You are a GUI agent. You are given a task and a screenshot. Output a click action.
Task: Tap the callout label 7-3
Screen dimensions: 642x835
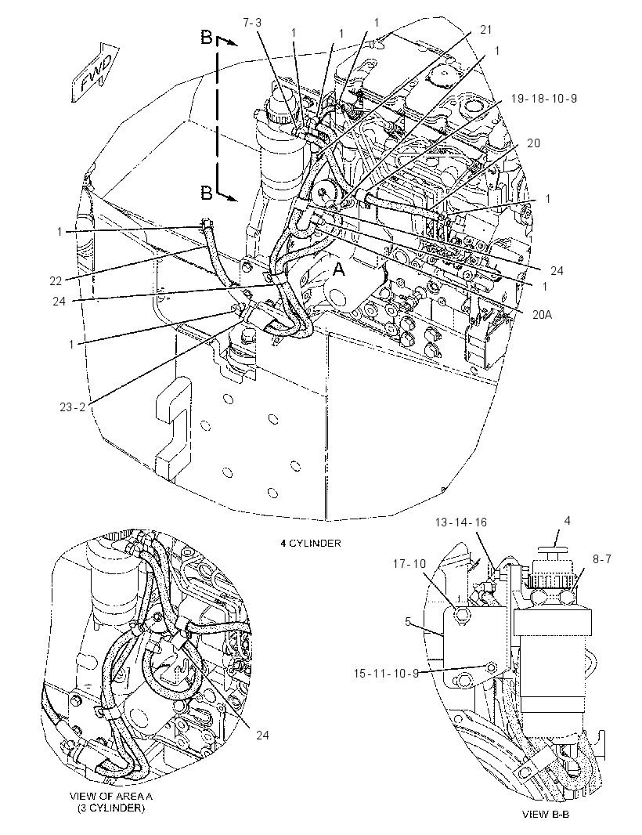pyautogui.click(x=252, y=23)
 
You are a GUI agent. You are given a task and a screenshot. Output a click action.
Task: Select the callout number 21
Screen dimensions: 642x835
pyautogui.click(x=485, y=30)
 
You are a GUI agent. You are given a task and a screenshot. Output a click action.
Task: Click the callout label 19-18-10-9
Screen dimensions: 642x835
pyautogui.click(x=543, y=99)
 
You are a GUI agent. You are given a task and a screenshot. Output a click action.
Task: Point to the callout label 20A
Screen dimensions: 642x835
pyautogui.click(x=542, y=315)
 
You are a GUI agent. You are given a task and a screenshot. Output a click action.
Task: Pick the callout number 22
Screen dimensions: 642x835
pyautogui.click(x=56, y=280)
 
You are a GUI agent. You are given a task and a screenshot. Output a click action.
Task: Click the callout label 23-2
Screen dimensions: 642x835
pyautogui.click(x=72, y=407)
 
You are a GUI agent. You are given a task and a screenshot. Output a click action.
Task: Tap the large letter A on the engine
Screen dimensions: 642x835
pyautogui.click(x=338, y=270)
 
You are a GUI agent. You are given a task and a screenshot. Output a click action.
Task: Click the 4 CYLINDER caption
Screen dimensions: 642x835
pyautogui.click(x=311, y=543)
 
